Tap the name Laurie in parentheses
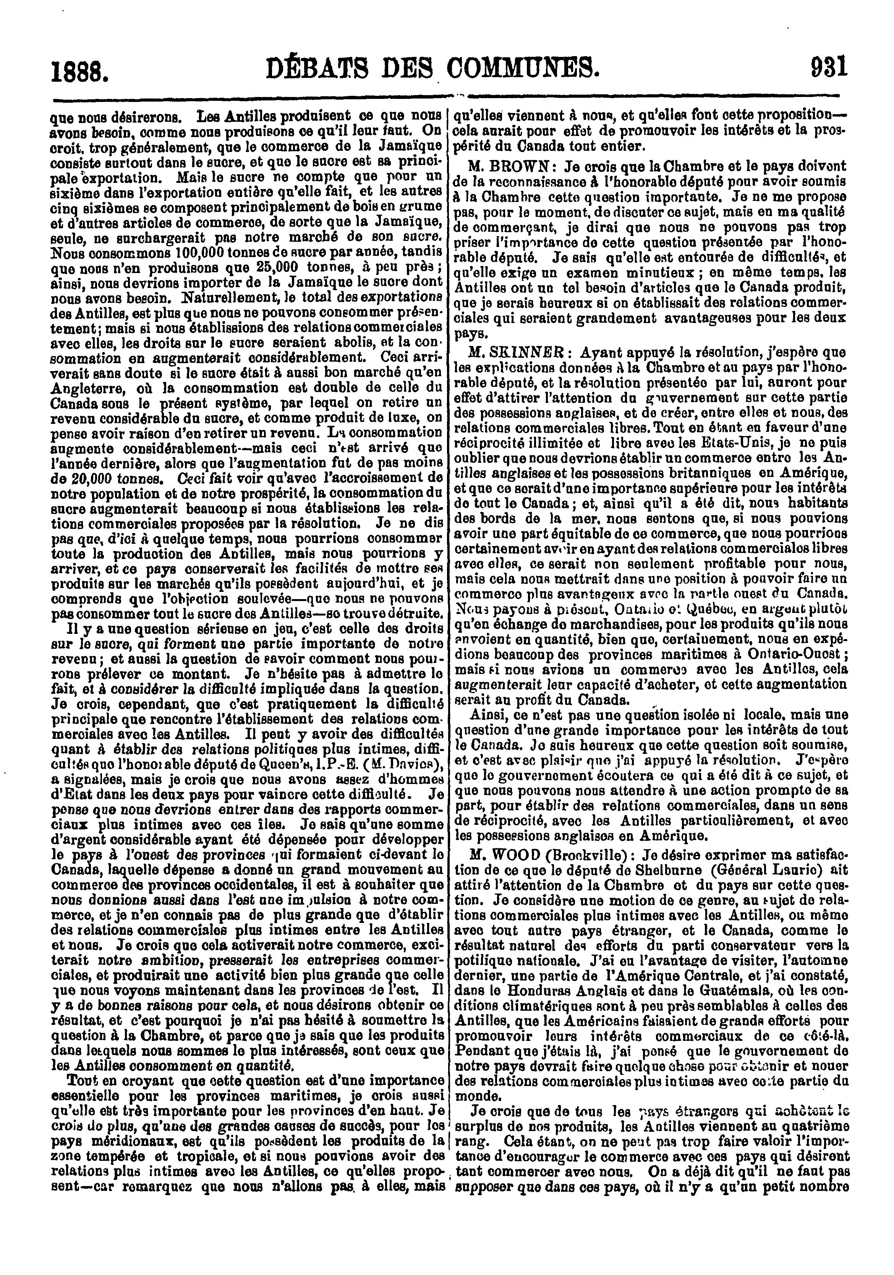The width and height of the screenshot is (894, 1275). (x=774, y=869)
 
